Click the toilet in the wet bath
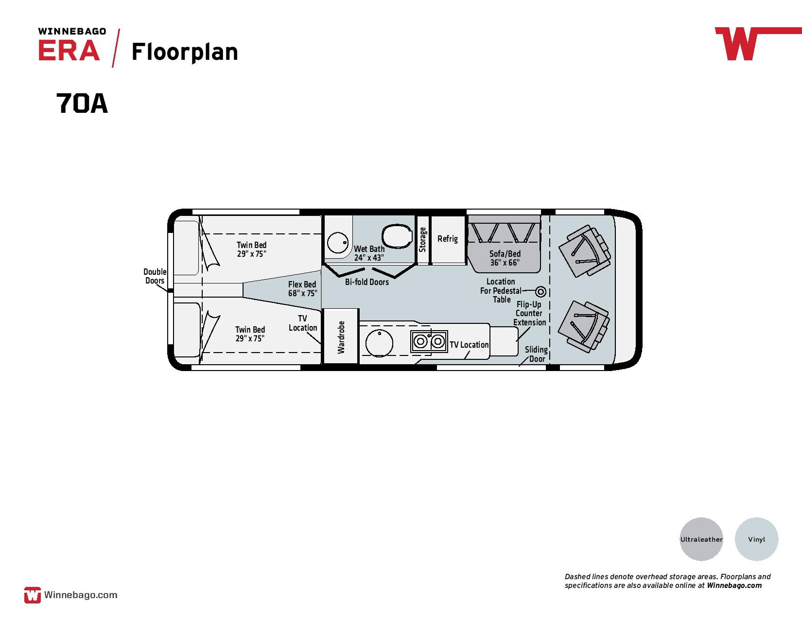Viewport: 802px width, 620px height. pos(397,236)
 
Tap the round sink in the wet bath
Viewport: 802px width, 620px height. pos(338,243)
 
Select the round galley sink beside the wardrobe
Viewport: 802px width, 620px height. pos(379,343)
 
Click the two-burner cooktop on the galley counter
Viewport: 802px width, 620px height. pos(429,341)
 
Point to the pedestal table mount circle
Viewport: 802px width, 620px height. pos(540,292)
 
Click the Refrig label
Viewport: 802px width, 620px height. pos(448,239)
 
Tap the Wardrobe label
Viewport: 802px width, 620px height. pos(341,337)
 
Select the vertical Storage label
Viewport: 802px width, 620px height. pos(422,240)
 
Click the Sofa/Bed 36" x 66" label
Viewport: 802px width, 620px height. pos(505,258)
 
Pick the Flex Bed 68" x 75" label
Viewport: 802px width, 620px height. pos(302,289)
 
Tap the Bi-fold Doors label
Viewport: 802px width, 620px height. pos(367,282)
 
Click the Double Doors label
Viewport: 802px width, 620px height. pos(155,276)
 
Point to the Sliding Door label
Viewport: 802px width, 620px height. pos(536,354)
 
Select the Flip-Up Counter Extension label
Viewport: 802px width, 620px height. pos(529,313)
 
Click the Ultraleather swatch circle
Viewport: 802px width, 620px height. pos(701,539)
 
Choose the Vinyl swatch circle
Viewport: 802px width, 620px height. pos(757,539)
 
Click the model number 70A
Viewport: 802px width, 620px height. pos(82,103)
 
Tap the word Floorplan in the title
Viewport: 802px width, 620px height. pos(185,52)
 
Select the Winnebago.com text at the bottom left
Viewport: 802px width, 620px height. pos(81,595)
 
